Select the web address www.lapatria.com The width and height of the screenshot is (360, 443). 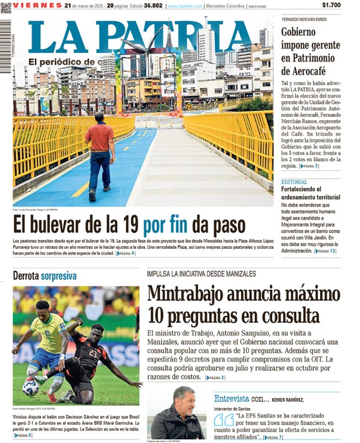coord(185,6)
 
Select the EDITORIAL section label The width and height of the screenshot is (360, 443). coord(294,182)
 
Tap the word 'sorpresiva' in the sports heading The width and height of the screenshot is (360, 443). coord(59,277)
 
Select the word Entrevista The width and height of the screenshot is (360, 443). coord(232,399)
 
